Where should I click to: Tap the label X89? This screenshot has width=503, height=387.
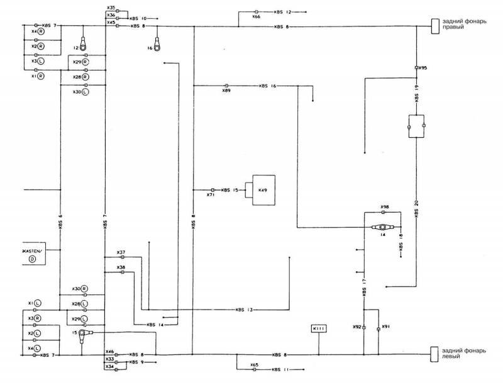point(226,91)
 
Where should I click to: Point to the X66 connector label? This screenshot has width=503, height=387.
point(256,17)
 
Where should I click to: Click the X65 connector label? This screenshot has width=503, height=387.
point(254,364)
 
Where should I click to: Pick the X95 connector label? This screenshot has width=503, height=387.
point(423,67)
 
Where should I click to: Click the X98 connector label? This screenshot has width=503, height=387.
point(385,207)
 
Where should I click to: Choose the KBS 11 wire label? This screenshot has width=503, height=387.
point(281,369)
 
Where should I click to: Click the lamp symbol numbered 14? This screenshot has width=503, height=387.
point(382,227)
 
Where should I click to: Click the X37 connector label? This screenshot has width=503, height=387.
point(121,252)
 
